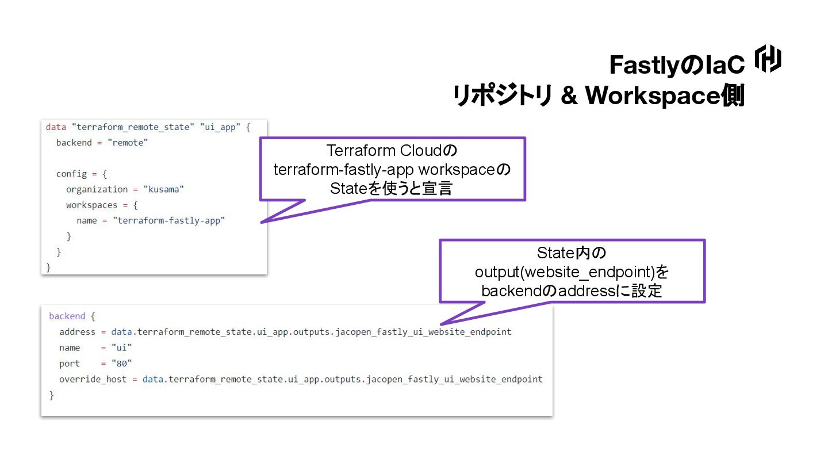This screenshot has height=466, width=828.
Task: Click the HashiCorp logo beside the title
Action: pos(768,59)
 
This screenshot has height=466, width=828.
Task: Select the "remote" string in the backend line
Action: pos(128,143)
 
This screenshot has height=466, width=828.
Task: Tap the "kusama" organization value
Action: pos(164,189)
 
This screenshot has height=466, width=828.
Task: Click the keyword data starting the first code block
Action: pos(56,127)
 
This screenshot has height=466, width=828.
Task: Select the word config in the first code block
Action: pos(71,174)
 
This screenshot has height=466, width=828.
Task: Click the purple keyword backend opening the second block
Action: pos(67,316)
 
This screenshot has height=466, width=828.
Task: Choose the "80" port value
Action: pos(122,364)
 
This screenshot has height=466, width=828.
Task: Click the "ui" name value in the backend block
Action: pos(122,348)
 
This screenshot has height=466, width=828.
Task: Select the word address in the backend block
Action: pos(77,332)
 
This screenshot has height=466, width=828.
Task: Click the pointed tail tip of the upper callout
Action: pos(262,222)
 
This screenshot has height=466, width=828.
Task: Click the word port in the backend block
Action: pos(69,364)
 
